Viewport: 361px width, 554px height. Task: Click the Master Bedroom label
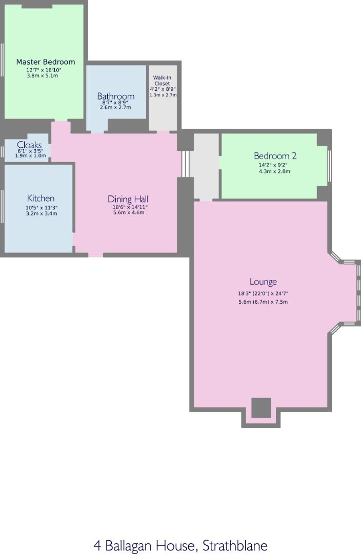[x=45, y=62]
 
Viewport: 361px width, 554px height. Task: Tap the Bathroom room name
[x=116, y=96]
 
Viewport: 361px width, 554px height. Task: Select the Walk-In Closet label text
[x=163, y=80]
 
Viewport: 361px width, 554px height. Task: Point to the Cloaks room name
[x=29, y=145]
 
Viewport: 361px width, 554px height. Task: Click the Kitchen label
[x=41, y=198]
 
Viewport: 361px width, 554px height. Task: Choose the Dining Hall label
[x=128, y=199]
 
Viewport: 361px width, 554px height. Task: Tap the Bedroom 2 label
[x=275, y=156]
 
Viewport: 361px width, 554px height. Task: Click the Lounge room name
[x=263, y=282]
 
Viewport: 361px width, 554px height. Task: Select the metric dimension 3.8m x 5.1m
[x=42, y=76]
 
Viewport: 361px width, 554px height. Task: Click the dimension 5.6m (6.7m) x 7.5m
[x=263, y=302]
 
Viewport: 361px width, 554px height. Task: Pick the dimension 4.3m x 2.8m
[x=274, y=171]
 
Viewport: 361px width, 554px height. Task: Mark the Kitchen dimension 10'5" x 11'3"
[x=42, y=208]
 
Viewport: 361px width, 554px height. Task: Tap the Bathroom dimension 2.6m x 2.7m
[x=115, y=107]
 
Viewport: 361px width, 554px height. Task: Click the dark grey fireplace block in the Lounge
[x=261, y=408]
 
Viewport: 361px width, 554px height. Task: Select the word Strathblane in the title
[x=235, y=545]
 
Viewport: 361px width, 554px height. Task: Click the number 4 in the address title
[x=97, y=545]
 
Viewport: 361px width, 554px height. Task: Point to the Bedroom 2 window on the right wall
[x=329, y=166]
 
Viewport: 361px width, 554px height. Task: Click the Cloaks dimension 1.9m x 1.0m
[x=30, y=156]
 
